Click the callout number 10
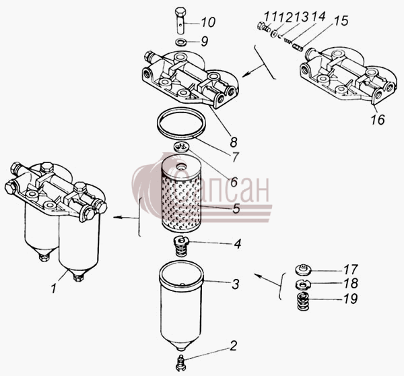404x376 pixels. (208, 22)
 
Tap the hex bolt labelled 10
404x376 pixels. (181, 21)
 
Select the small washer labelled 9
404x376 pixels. (181, 41)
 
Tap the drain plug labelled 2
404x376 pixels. (181, 363)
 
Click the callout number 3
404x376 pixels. (236, 284)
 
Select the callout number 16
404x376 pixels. (378, 119)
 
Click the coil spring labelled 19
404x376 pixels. (304, 301)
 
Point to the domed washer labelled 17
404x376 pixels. (303, 270)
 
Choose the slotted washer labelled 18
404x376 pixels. (303, 285)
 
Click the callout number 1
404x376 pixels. (54, 288)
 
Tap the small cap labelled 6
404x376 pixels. (182, 148)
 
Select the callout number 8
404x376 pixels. (234, 142)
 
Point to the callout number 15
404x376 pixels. (341, 21)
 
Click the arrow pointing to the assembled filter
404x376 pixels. (126, 218)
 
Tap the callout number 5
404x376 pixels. (236, 209)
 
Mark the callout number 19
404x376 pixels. (350, 299)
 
